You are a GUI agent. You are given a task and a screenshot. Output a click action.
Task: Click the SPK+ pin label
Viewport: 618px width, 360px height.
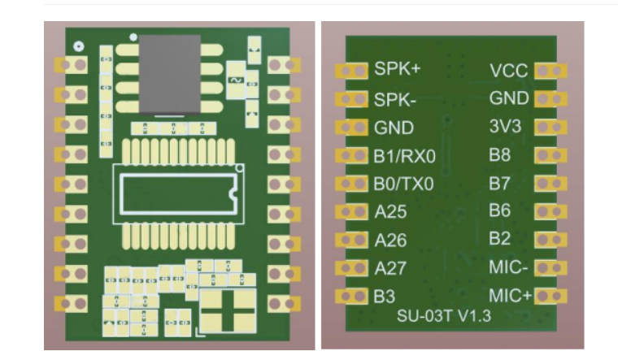click(x=398, y=69)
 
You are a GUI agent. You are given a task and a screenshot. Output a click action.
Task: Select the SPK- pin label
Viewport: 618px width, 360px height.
click(x=395, y=99)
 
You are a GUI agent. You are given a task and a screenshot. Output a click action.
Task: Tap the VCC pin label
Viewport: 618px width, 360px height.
click(x=509, y=71)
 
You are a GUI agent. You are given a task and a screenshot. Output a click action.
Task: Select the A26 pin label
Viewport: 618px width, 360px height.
click(x=390, y=241)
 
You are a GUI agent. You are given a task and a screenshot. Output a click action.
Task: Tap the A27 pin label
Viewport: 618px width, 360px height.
click(x=390, y=268)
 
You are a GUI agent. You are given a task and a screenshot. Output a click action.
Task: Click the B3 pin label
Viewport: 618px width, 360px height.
click(x=385, y=297)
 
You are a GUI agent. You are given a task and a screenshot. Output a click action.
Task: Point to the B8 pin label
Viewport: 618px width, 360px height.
click(x=500, y=154)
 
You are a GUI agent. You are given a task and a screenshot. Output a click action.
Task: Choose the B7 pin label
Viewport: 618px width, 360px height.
click(x=500, y=183)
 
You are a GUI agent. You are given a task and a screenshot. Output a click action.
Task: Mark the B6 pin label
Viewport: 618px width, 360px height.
click(x=500, y=210)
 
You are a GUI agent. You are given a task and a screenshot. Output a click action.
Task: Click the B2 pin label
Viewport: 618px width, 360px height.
click(x=500, y=239)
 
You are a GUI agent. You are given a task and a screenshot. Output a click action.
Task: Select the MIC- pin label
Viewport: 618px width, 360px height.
click(x=508, y=267)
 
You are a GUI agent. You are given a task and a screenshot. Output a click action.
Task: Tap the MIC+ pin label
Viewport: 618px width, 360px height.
click(x=510, y=294)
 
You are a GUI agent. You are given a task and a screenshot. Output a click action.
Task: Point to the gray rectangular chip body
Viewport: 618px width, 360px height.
click(x=170, y=73)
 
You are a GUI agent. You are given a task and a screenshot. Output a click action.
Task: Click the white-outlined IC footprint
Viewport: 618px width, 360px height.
click(x=177, y=193)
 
